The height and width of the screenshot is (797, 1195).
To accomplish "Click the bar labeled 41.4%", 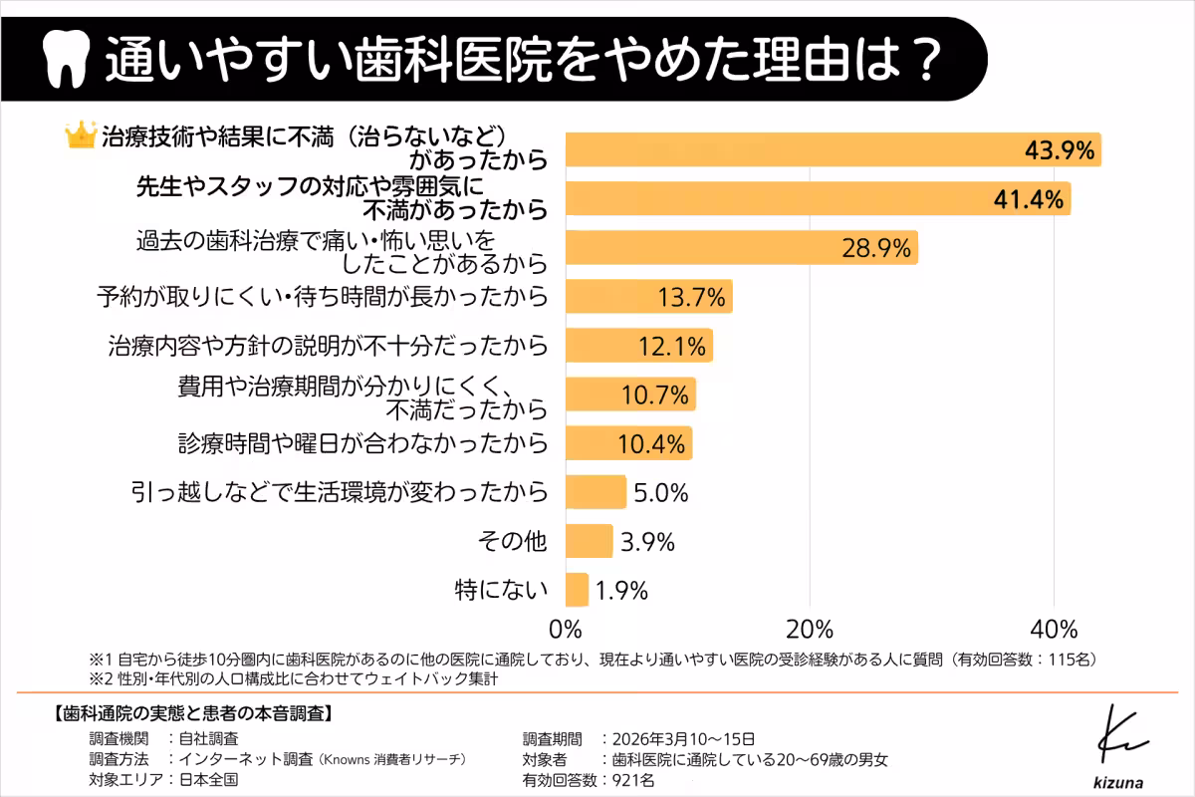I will click(817, 198).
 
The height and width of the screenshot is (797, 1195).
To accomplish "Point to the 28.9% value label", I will click(877, 248).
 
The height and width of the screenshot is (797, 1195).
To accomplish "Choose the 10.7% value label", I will click(654, 395).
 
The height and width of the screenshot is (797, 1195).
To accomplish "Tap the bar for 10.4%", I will click(628, 443).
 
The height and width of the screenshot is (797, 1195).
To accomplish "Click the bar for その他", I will click(589, 541).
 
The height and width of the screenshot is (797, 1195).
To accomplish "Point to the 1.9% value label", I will click(622, 590).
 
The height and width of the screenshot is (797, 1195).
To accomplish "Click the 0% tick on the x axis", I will click(566, 630).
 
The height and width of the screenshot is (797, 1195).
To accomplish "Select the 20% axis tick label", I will click(810, 630).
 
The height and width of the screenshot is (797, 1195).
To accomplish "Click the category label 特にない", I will click(502, 590).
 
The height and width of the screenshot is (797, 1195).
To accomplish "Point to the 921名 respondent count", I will click(628, 780).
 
